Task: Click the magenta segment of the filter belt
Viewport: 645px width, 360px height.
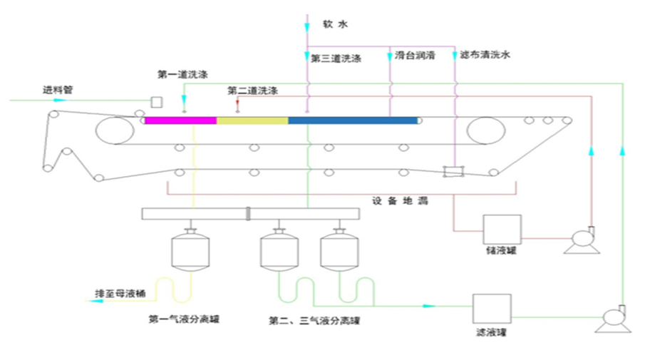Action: point(180,120)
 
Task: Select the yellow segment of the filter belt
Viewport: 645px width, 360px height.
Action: point(252,120)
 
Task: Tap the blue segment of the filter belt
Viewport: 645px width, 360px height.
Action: point(352,120)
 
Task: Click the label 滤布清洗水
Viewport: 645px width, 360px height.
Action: point(485,54)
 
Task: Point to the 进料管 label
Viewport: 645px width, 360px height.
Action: point(58,91)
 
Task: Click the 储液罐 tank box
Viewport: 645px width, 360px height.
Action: point(502,230)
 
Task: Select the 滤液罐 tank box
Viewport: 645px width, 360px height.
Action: point(492,309)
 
